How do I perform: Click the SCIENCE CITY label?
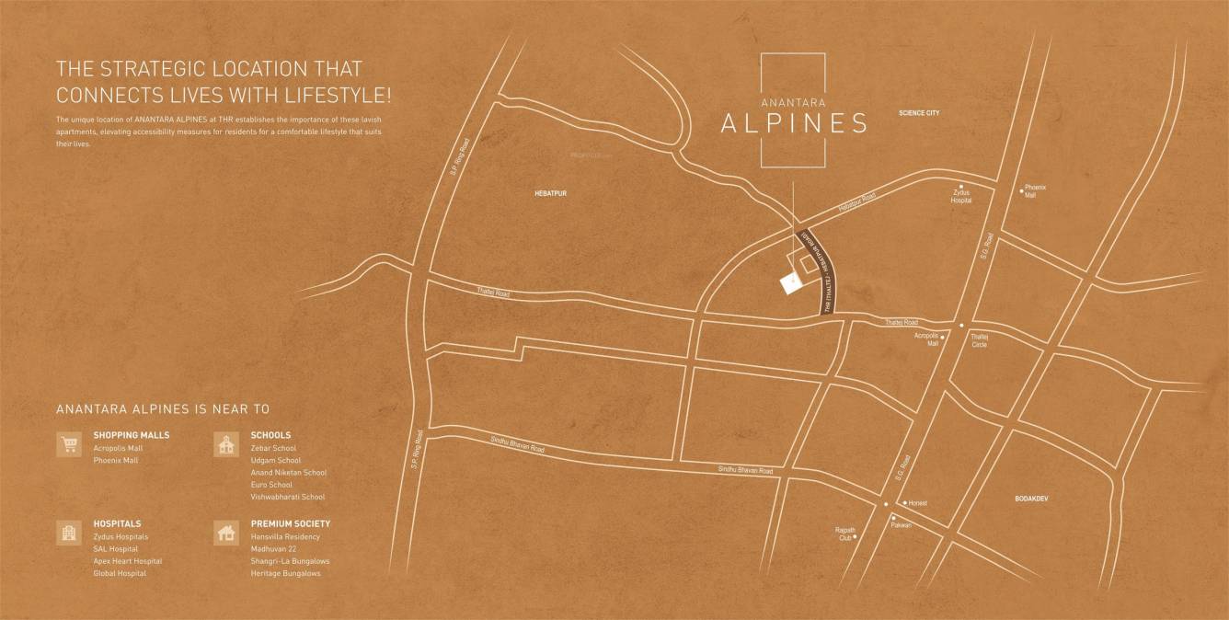(x=919, y=113)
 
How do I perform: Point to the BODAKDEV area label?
(x=1031, y=498)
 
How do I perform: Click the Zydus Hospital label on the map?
(x=961, y=196)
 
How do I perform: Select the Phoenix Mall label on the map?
(x=1035, y=191)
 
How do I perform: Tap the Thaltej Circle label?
(x=979, y=340)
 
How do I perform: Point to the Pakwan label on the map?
(x=901, y=524)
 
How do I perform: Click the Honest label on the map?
(x=918, y=503)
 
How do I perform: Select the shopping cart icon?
(x=68, y=445)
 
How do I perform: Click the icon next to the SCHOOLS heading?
(x=225, y=445)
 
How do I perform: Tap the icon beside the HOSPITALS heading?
(x=68, y=534)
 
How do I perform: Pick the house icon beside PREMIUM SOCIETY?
(x=225, y=534)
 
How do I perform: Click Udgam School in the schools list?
(x=275, y=460)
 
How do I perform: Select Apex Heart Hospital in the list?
(x=127, y=561)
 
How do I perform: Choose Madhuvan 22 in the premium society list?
(x=273, y=549)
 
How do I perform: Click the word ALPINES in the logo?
(x=793, y=123)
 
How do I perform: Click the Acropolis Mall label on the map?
(x=926, y=339)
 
